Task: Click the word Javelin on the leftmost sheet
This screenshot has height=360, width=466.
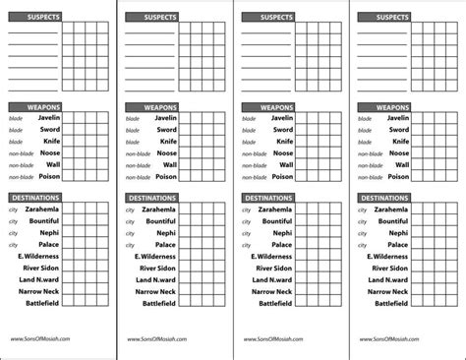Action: tap(49, 118)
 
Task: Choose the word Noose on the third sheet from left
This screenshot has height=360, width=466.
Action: tap(282, 153)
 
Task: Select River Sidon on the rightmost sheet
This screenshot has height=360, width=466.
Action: tap(388, 268)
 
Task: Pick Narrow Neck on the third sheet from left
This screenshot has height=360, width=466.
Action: tap(272, 291)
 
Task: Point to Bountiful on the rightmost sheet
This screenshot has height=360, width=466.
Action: tap(394, 221)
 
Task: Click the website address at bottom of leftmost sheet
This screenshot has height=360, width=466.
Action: tap(37, 341)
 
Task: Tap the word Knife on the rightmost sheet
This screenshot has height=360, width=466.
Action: tap(400, 142)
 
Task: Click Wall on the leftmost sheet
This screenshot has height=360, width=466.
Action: tap(52, 164)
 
